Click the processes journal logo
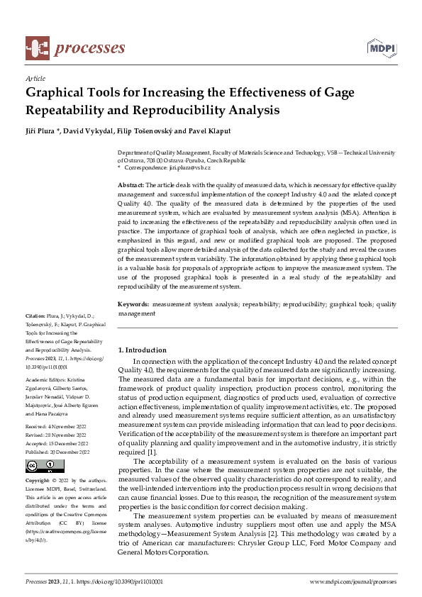75,48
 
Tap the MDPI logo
381,48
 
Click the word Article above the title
35,78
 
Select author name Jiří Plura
43,132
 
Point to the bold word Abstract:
131,184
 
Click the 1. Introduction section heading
142,350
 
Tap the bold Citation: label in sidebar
35,316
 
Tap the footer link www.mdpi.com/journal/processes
353,581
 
